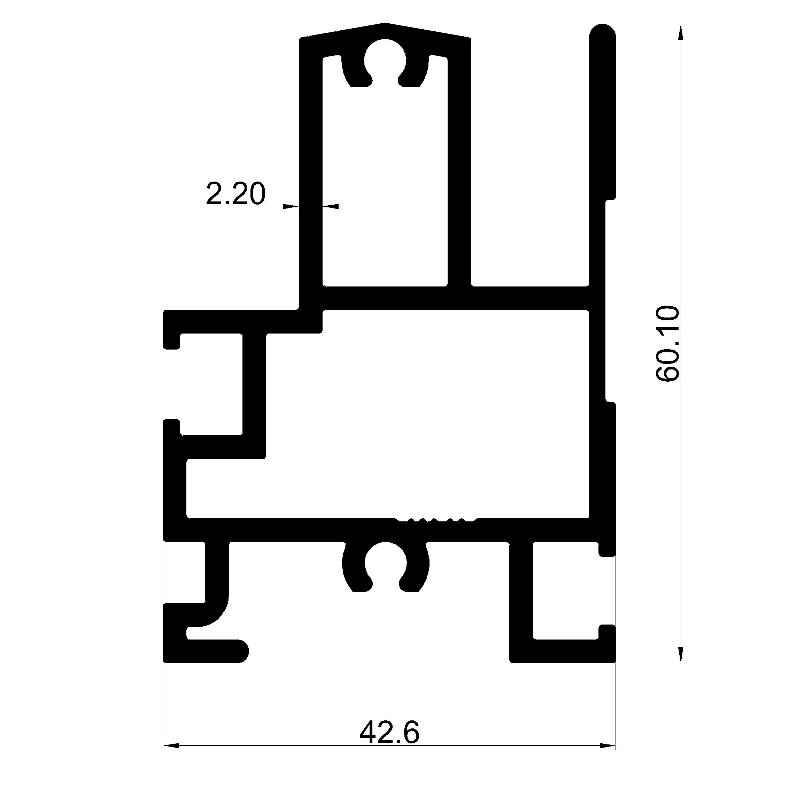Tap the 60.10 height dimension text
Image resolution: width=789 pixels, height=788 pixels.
668,344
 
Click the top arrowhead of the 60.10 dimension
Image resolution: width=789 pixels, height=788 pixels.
680,32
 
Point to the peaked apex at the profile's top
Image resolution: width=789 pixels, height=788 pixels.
385,24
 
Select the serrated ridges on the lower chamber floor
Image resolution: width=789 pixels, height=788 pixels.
436,520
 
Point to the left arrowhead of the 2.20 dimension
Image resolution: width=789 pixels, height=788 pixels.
291,206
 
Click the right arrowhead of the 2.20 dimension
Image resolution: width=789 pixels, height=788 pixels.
331,206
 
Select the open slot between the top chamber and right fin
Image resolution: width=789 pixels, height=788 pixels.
531,163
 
